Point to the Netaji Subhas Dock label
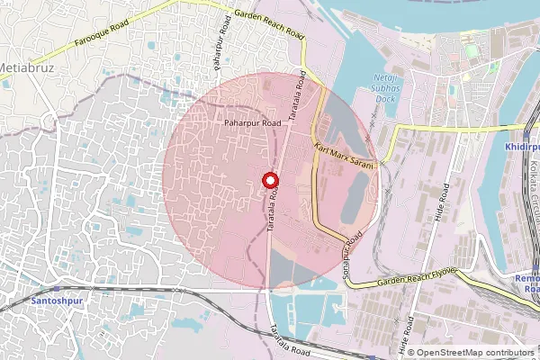pos(385,88)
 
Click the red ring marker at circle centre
pos(267,180)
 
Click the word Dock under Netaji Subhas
pos(385,98)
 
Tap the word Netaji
pos(385,78)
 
